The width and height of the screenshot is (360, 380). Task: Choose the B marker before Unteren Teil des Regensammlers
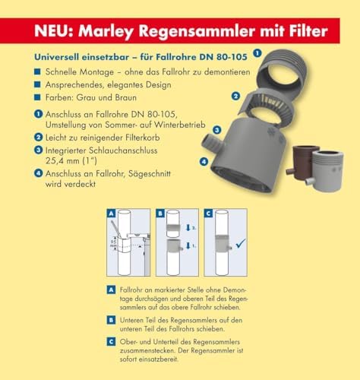pyautogui.click(x=112, y=321)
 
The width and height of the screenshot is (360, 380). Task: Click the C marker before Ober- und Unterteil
pyautogui.click(x=112, y=341)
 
